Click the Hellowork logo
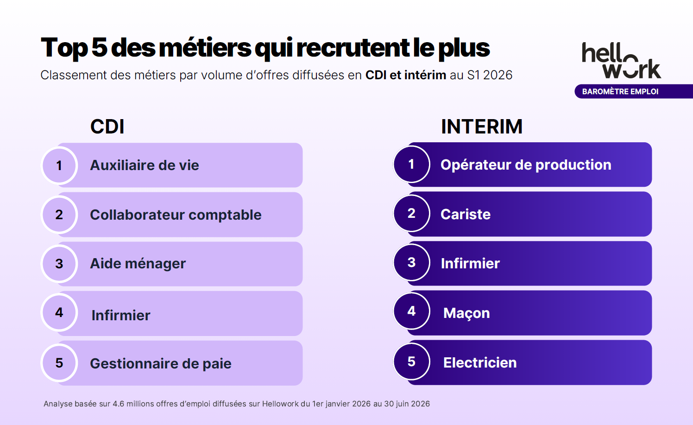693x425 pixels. tap(621, 61)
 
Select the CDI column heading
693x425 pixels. tap(107, 127)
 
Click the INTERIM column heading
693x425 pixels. tap(482, 127)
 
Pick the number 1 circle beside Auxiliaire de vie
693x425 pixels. tap(59, 165)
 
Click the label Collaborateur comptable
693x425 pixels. tap(176, 215)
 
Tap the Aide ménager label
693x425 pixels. tap(138, 264)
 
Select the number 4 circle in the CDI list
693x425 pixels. tap(59, 313)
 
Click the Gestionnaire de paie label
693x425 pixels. tap(161, 364)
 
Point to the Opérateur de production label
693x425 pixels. tap(526, 165)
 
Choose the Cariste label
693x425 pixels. tap(466, 214)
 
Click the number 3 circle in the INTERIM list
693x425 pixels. tap(411, 262)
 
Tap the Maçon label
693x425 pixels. tap(466, 313)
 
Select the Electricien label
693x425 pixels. tap(480, 362)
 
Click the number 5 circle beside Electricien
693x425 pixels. tap(411, 362)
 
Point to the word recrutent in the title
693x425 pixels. tap(353, 48)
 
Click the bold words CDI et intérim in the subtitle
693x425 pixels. tap(406, 75)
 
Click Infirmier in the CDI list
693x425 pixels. tap(121, 316)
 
